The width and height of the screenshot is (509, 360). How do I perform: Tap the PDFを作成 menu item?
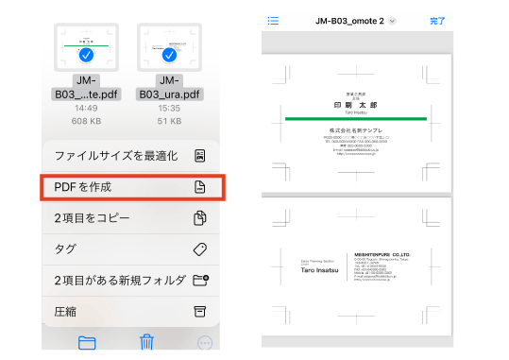[131, 187]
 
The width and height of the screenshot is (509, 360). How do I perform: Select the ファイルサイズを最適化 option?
[131, 155]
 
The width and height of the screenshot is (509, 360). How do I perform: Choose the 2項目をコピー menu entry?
[131, 218]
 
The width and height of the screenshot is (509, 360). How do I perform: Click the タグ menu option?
[131, 249]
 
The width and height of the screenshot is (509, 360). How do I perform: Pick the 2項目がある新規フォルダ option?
[131, 281]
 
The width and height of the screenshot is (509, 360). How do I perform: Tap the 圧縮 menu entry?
[131, 312]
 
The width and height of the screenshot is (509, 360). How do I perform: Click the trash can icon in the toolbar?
[146, 342]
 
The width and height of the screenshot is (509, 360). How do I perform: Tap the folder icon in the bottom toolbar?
[88, 342]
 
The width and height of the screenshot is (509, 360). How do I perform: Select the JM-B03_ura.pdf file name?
[170, 87]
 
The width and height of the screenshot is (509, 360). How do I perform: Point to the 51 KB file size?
[170, 121]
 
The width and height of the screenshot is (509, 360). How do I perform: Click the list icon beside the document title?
[273, 20]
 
